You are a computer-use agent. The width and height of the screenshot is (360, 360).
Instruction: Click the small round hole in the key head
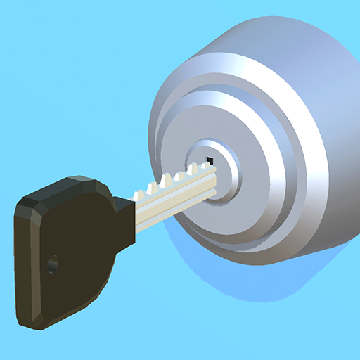51,264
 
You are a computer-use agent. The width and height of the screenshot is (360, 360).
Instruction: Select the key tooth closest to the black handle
150,188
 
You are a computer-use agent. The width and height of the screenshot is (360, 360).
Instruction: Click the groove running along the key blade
172,201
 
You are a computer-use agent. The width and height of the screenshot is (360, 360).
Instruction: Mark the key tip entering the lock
212,180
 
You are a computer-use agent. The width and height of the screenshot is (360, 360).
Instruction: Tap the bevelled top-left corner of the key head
25,200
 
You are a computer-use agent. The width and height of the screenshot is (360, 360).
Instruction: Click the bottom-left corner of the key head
32,323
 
